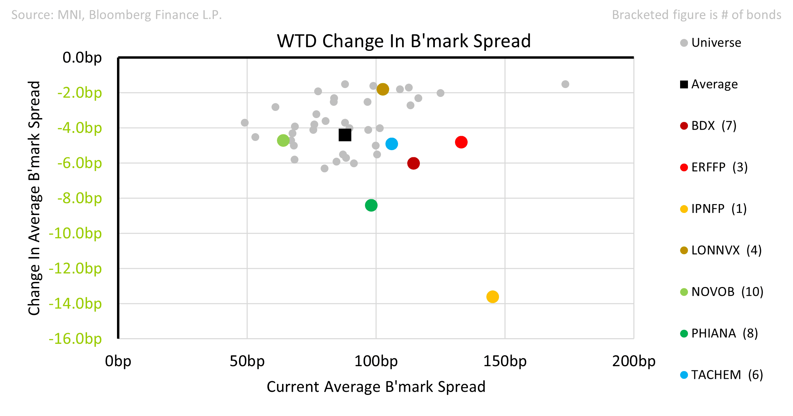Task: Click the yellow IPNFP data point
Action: tap(493, 297)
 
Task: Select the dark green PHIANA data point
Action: tap(371, 205)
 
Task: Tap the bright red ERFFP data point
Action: tap(461, 142)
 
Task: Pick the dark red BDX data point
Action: tap(413, 163)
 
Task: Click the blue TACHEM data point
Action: tap(392, 144)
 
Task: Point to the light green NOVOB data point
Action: tap(283, 140)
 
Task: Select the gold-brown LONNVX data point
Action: tap(383, 89)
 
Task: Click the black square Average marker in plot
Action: tap(345, 135)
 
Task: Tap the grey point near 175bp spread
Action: tap(565, 84)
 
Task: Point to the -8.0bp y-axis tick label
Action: tap(79, 198)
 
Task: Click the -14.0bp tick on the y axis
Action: tap(75, 304)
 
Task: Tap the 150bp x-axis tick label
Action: tap(505, 361)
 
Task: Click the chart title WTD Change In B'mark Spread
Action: tap(404, 41)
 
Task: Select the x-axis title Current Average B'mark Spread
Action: tap(376, 387)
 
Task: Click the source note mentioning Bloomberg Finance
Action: tap(117, 15)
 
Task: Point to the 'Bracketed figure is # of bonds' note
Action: tap(696, 15)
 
